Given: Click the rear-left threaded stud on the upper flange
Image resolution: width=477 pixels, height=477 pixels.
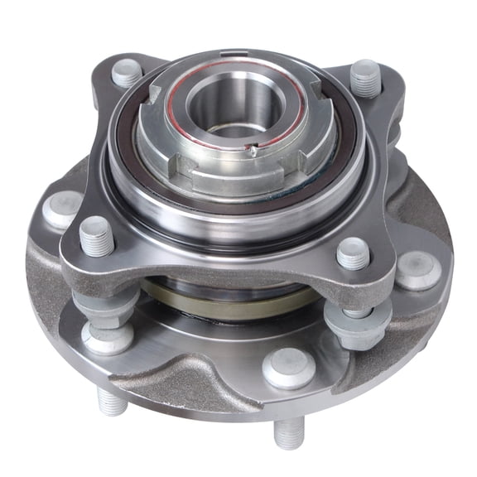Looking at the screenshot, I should (126, 73).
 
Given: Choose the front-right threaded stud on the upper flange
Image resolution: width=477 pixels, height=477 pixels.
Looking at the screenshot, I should (353, 253).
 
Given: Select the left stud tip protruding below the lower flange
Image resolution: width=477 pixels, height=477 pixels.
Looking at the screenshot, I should (112, 401).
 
